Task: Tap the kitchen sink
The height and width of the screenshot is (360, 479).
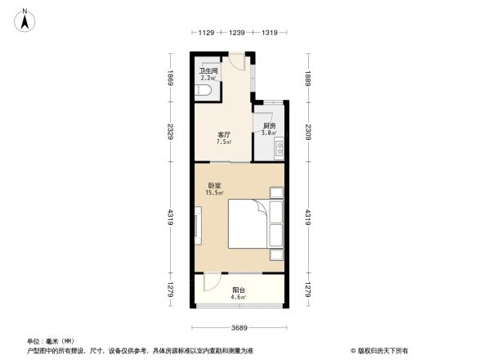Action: (x=279, y=149)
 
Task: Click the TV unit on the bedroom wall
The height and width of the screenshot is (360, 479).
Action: (x=197, y=223)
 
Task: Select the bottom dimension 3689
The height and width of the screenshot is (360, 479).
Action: (x=239, y=327)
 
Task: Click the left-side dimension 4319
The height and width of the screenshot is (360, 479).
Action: (x=170, y=217)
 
